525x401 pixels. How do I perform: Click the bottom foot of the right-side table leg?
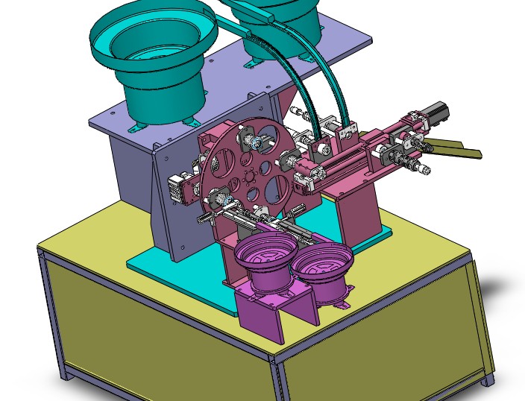tap(488, 380)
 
